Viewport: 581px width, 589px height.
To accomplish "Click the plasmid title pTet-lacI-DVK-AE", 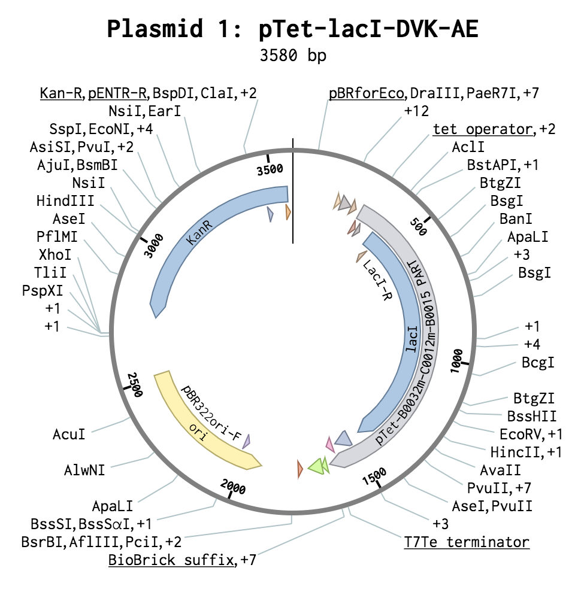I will click(x=292, y=28).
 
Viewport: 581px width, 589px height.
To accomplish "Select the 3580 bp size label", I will click(x=292, y=56).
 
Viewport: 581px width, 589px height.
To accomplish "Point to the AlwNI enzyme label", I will click(x=84, y=469).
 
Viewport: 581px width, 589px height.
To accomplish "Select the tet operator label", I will click(x=482, y=129).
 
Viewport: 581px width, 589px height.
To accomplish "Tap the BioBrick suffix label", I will click(x=170, y=561).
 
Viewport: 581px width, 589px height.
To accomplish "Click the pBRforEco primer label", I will click(x=367, y=93).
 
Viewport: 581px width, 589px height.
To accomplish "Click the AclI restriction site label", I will click(x=468, y=147).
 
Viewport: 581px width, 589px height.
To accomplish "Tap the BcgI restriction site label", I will click(x=537, y=362).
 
